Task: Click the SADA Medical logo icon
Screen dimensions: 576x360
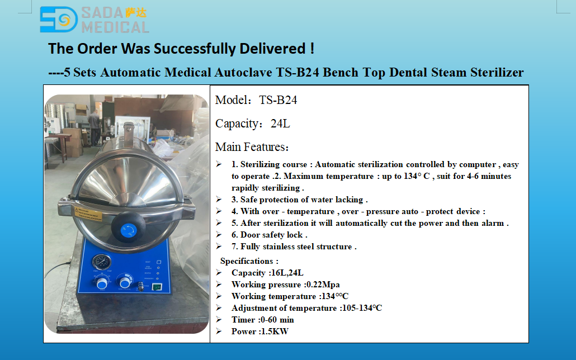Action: (59, 20)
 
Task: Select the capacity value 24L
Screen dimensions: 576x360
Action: (280, 124)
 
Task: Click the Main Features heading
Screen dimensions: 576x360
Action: (252, 148)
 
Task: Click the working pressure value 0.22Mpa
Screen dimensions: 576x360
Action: (323, 285)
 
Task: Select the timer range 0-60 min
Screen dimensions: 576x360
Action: (277, 320)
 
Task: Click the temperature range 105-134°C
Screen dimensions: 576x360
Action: (362, 308)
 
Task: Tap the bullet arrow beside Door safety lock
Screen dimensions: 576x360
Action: (219, 234)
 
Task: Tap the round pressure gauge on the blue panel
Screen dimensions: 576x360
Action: (102, 262)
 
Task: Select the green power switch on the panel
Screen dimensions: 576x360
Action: (157, 287)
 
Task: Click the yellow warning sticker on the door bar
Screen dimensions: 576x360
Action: (88, 214)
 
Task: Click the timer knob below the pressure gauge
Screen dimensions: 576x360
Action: (102, 283)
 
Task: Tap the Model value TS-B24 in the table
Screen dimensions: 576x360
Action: (278, 100)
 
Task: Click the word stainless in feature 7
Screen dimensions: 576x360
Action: (287, 247)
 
